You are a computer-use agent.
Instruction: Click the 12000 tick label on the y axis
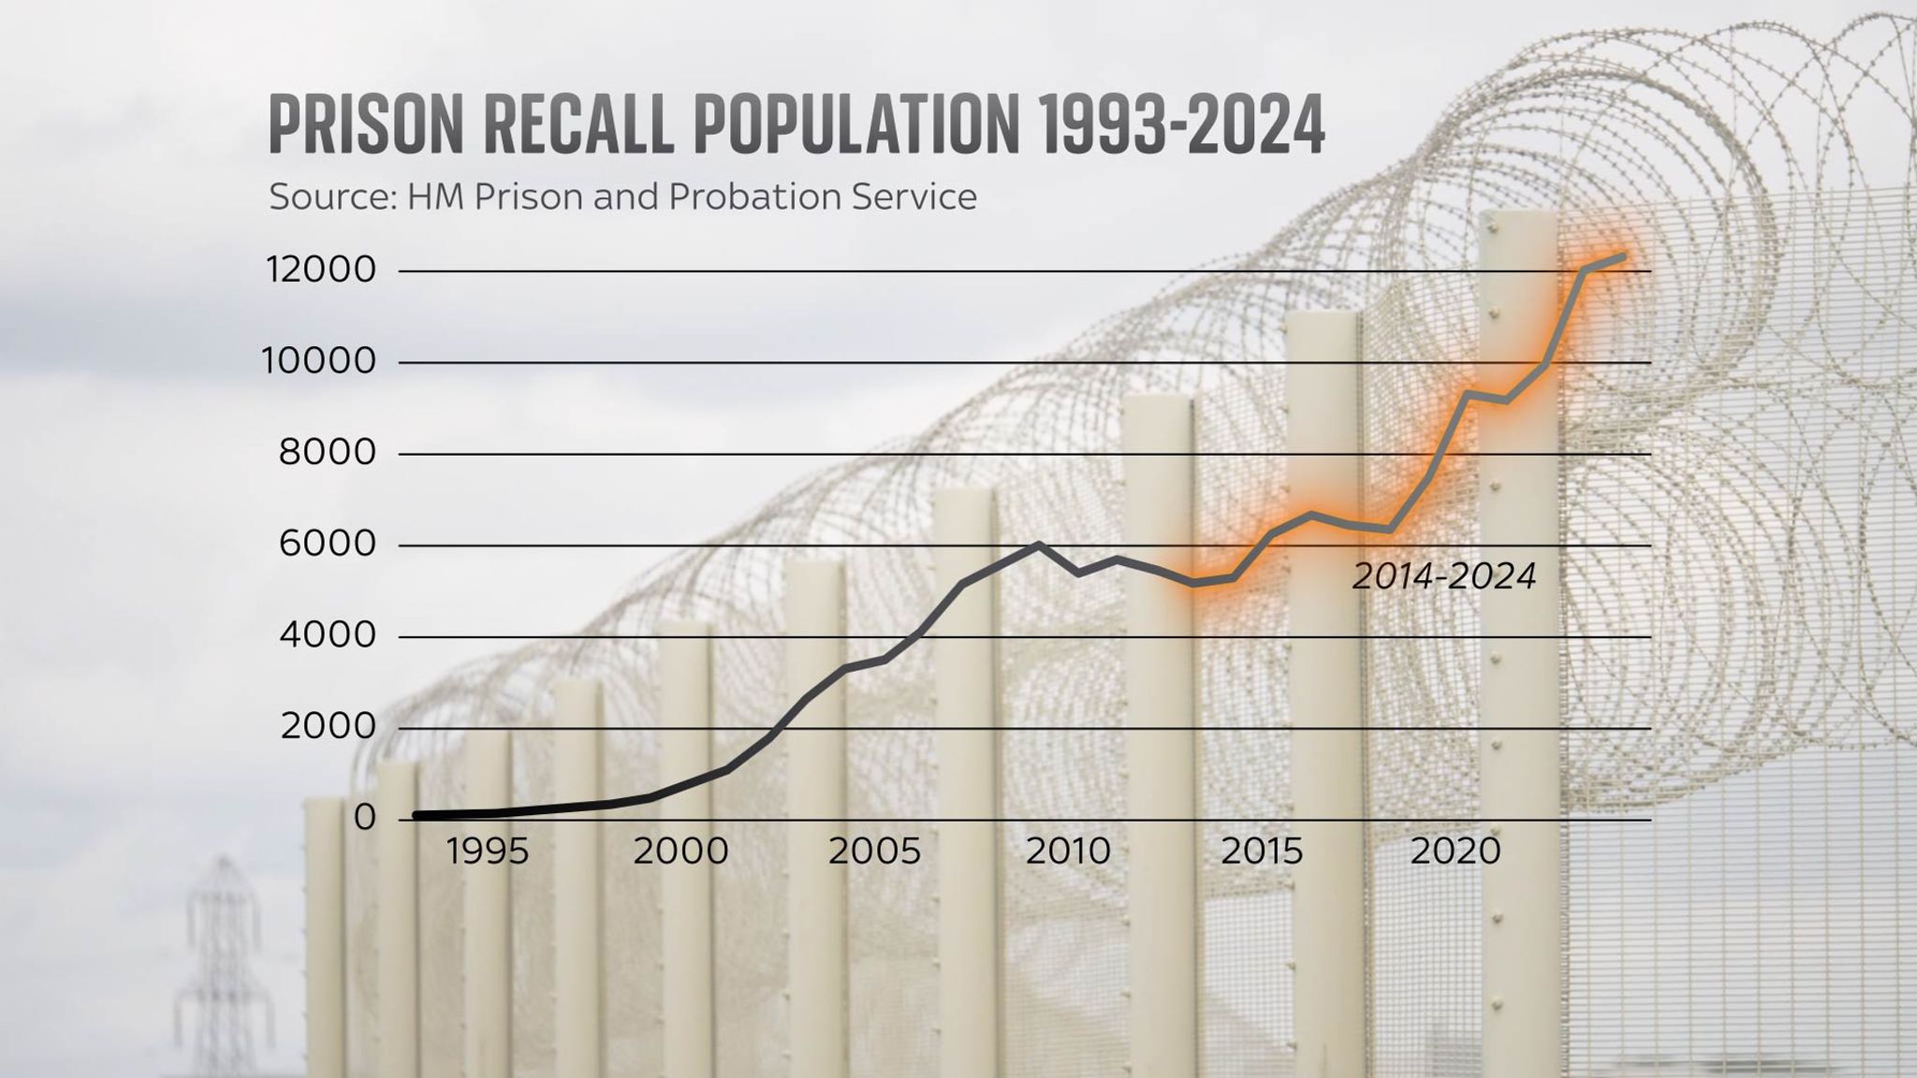tap(320, 270)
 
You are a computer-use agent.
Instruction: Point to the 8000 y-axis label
tap(327, 453)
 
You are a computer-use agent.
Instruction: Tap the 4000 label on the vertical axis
tap(327, 636)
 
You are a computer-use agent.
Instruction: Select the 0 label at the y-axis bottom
tap(364, 818)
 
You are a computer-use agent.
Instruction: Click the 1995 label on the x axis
tap(487, 852)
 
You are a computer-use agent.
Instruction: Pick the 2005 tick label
tap(874, 852)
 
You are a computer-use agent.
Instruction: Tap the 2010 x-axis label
tap(1068, 852)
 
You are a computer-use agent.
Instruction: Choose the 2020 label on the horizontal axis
tap(1455, 852)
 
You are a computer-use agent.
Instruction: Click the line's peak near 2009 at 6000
tap(1038, 545)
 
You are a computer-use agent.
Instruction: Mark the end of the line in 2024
tap(1622, 255)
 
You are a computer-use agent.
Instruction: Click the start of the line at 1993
tap(417, 816)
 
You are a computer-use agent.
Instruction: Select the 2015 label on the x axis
tap(1261, 852)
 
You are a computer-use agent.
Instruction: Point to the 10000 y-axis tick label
tap(318, 361)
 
